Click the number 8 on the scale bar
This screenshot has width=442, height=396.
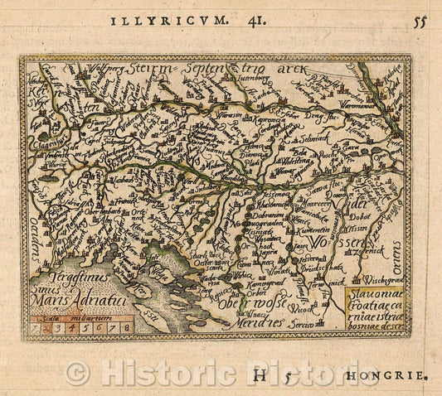(x=124, y=327)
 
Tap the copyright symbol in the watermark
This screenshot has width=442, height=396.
(x=77, y=373)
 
